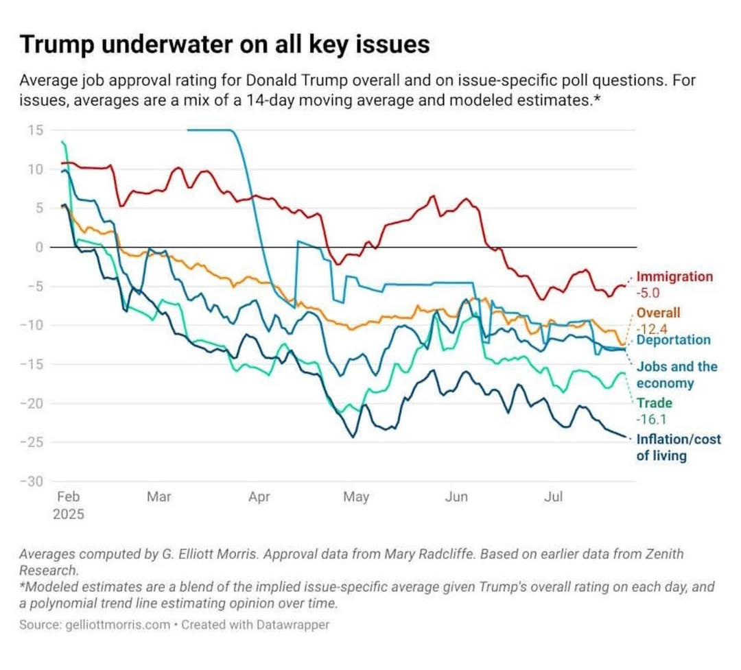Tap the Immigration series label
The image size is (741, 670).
click(x=675, y=277)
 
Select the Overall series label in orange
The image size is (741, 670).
click(x=659, y=313)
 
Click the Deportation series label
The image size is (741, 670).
click(x=674, y=339)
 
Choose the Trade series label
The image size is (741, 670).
click(x=655, y=403)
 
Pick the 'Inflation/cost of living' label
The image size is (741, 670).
click(x=679, y=446)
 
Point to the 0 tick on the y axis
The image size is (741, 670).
click(x=39, y=247)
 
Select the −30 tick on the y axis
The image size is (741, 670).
click(x=32, y=481)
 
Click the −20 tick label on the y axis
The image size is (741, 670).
click(x=32, y=403)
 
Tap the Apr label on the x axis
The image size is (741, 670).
click(x=259, y=496)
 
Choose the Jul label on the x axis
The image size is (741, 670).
click(x=553, y=496)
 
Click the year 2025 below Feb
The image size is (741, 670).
click(x=69, y=514)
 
